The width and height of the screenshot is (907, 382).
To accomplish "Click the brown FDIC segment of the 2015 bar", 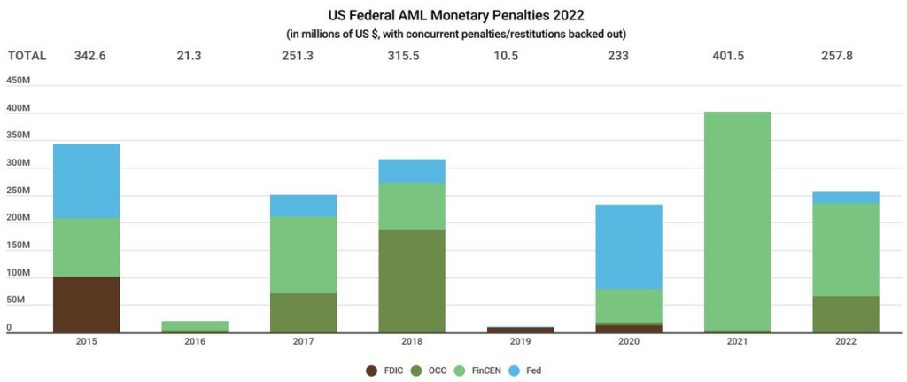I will [x=86, y=304].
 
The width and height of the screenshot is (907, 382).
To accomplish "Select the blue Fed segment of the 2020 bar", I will [x=628, y=246].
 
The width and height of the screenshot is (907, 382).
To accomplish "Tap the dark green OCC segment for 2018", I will [x=411, y=280].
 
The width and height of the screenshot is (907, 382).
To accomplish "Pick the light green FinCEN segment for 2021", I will [x=737, y=221].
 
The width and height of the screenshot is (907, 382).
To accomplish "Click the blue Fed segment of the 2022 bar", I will [x=846, y=198].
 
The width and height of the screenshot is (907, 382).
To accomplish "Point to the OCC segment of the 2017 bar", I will [x=303, y=312].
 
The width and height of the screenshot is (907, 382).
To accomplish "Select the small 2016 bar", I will [x=195, y=326].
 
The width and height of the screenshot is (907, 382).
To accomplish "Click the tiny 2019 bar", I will [x=520, y=330].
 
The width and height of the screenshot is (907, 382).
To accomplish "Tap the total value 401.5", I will [x=737, y=56].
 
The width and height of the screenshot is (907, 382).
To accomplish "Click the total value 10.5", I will [x=520, y=56].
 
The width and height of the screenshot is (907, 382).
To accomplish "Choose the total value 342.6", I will [x=86, y=56].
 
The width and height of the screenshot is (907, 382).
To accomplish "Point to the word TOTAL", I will [x=27, y=56].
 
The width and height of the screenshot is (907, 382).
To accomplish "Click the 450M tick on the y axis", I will [x=18, y=80].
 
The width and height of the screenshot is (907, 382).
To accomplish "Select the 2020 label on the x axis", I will [x=628, y=340].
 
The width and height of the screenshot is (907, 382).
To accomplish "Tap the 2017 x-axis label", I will [x=303, y=340].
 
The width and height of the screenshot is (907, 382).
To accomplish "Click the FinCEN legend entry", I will [x=484, y=370].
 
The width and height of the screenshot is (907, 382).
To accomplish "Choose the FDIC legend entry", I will [x=388, y=370].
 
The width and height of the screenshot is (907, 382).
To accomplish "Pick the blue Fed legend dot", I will [x=520, y=370].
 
